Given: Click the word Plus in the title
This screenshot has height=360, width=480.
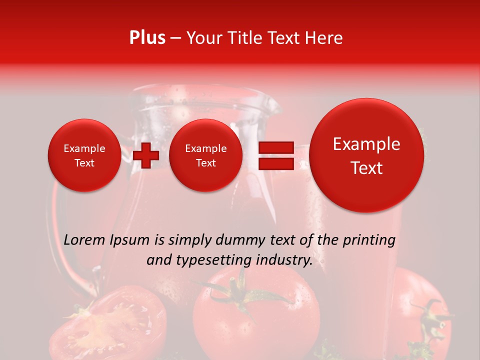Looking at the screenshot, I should click(147, 38).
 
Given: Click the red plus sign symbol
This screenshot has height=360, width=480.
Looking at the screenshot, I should click(146, 155).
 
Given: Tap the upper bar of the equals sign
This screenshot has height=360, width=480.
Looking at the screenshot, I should click(275, 147).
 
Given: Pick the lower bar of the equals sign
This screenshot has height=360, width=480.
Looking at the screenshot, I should click(275, 163).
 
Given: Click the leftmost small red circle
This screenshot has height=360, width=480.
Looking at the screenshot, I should click(84, 155).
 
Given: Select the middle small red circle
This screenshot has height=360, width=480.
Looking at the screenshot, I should click(205, 155).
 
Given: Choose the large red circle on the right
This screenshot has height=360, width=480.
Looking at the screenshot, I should click(366, 155).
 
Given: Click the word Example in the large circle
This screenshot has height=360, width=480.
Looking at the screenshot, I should click(366, 144).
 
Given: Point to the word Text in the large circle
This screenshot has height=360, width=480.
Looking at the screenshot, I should click(366, 168).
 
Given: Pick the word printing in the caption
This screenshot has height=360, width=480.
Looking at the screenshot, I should click(369, 240).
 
